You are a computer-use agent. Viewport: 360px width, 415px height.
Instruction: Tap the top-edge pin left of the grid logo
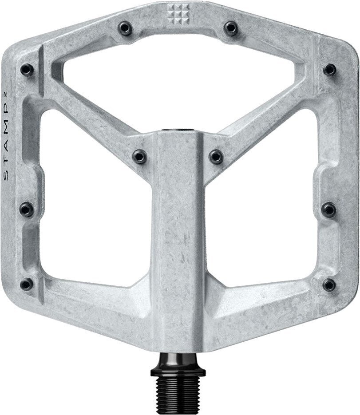pyautogui.click(x=124, y=28)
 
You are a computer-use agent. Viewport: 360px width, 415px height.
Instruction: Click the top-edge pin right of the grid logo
pyautogui.click(x=230, y=28)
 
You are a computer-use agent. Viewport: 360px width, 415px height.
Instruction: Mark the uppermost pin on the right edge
pyautogui.click(x=330, y=69)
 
